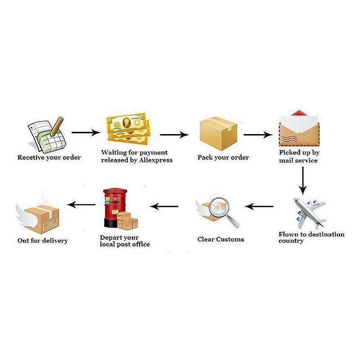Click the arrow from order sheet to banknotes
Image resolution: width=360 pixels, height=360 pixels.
pyautogui.click(x=85, y=133)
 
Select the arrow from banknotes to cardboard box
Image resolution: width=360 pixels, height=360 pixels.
pyautogui.click(x=174, y=134)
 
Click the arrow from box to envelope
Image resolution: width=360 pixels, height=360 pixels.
pyautogui.click(x=258, y=134)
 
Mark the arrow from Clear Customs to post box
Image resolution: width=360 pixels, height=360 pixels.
pyautogui.click(x=164, y=207)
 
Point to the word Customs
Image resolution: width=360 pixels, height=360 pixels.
pyautogui.click(x=230, y=239)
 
